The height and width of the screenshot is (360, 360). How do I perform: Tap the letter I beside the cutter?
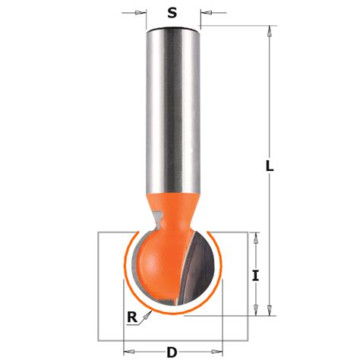coord(256,276)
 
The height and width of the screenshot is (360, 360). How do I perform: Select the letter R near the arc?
coord(133,319)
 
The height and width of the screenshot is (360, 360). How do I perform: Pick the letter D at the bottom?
coord(172,352)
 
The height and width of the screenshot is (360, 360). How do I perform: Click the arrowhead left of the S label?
coord(141,13)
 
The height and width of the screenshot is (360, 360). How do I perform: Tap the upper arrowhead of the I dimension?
coord(256,238)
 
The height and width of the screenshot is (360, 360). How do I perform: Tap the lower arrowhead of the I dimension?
coord(256,309)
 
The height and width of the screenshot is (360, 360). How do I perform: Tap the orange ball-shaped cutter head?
coord(156,262)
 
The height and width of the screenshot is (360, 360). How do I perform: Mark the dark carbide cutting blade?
coord(201,270)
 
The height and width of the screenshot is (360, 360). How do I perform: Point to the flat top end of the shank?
coord(172,27)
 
